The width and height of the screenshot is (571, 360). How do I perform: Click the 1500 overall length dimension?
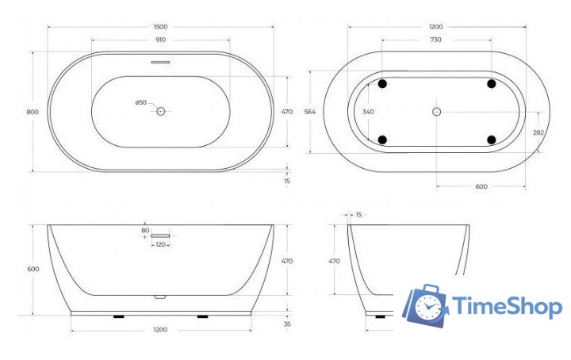point(162,27)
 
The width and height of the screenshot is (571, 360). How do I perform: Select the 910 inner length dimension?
point(162,40)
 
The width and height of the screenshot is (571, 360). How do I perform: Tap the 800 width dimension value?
point(33,112)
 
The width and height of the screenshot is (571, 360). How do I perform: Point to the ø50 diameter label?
point(141,102)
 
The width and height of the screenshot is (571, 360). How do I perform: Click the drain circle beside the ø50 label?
point(160,112)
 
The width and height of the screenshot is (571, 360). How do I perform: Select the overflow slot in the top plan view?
point(161,60)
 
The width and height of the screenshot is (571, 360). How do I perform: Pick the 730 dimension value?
point(436,40)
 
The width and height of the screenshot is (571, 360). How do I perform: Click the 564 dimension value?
point(310,112)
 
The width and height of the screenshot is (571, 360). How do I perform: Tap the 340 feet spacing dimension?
point(368,112)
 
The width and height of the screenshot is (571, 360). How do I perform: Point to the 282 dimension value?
point(538,133)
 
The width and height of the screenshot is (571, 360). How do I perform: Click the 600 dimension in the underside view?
point(481,187)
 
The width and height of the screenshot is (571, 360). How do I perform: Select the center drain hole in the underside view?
point(436,112)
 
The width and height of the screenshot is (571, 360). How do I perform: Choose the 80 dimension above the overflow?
point(145,231)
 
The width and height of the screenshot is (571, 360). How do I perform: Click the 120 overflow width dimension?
point(161,244)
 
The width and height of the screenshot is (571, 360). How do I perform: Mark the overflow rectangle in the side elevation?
point(161,236)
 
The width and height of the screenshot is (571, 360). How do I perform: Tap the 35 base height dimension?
point(287,324)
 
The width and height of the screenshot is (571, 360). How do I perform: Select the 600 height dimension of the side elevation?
point(33,270)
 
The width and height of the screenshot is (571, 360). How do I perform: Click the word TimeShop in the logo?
point(508,307)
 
